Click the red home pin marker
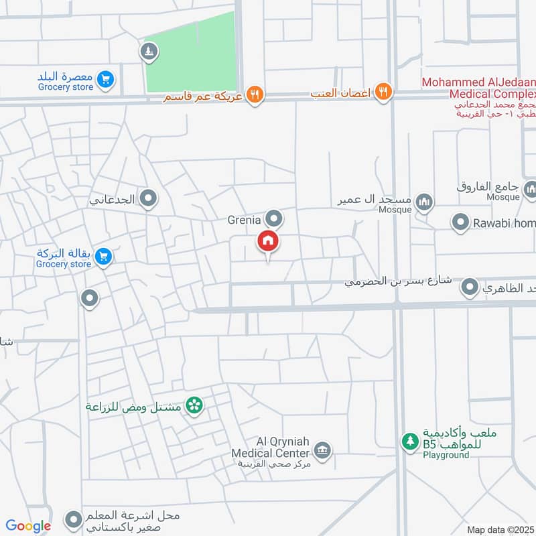(268, 241)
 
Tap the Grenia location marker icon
(273, 218)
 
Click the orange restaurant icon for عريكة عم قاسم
(254, 94)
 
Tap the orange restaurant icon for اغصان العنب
(383, 92)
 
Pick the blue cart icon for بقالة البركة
(103, 257)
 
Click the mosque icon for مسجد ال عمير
(423, 201)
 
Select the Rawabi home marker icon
(460, 222)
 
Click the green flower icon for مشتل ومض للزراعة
(194, 405)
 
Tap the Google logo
(28, 527)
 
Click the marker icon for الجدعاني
(148, 198)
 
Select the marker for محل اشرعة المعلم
(73, 519)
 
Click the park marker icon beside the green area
(148, 51)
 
